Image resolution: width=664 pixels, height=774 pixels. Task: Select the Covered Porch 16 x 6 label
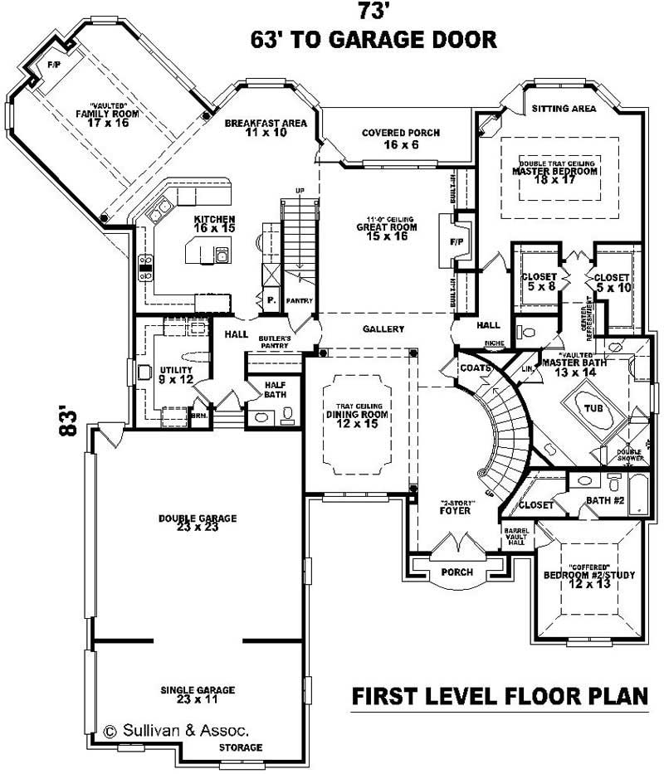(x=401, y=139)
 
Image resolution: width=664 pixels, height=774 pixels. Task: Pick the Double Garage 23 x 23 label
(x=198, y=523)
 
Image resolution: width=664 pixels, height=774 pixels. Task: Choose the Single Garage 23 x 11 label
(x=198, y=694)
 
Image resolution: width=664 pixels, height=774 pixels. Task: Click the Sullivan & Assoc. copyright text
(x=176, y=731)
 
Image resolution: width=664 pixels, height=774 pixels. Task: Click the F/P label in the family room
(x=54, y=64)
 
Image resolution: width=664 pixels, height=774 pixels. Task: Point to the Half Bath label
(x=276, y=390)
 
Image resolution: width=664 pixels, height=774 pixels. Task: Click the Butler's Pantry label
(x=273, y=344)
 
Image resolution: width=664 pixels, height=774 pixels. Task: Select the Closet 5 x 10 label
(x=613, y=282)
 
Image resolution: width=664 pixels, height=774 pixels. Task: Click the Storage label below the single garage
(x=241, y=747)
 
